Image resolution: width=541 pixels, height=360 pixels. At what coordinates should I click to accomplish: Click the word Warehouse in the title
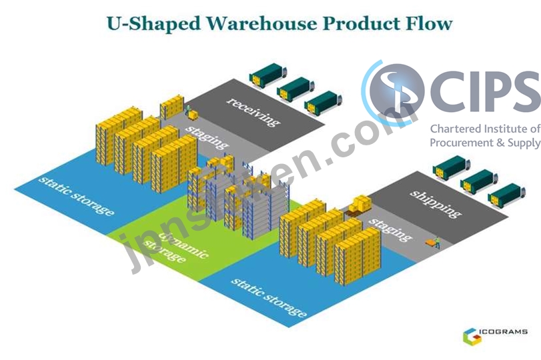[x=262, y=23]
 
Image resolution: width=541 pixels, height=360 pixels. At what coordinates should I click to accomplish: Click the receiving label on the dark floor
[x=253, y=111]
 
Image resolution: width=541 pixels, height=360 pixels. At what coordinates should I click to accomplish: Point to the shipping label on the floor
[x=436, y=203]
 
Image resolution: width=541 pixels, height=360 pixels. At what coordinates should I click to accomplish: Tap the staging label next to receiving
[x=207, y=137]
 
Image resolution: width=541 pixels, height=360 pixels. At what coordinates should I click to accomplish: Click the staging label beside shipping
[x=390, y=229]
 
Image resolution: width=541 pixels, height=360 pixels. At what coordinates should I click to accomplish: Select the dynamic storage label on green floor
[x=176, y=247]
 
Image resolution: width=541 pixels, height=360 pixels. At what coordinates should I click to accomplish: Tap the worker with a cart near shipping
[x=434, y=243]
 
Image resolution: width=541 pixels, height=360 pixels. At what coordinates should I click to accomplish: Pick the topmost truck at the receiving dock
[x=268, y=75]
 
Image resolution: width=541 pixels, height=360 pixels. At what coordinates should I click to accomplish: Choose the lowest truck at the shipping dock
[x=506, y=195]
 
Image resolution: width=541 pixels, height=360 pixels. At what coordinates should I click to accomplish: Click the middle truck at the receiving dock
[x=296, y=89]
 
